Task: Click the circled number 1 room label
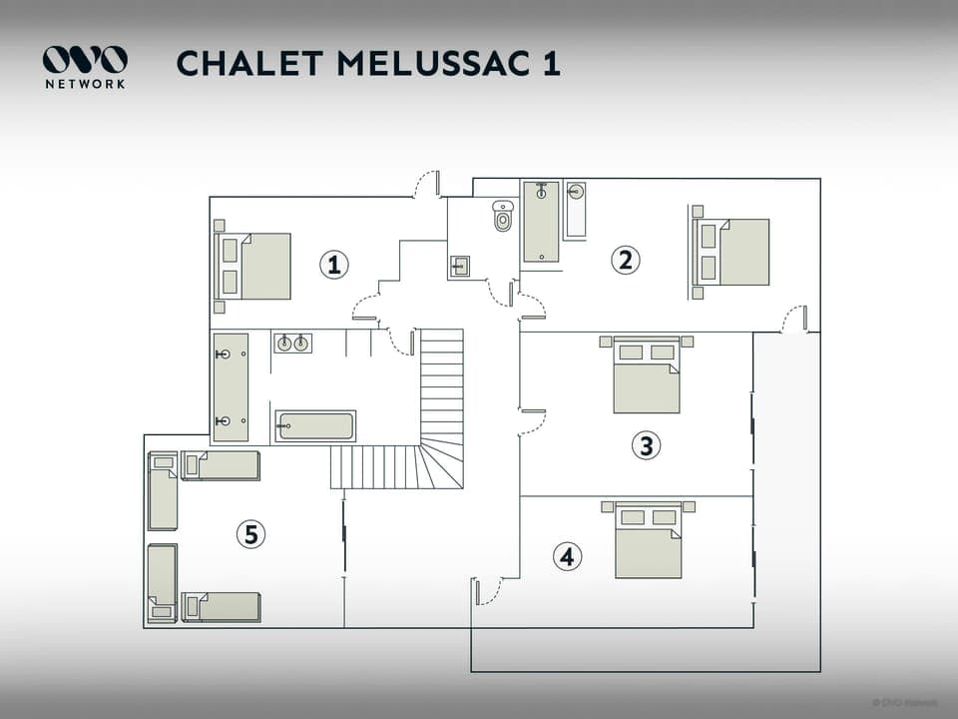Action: (334, 265)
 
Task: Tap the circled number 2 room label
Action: (626, 261)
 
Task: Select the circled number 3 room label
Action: (647, 445)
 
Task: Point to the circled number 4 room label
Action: (567, 556)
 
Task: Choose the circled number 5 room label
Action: (250, 535)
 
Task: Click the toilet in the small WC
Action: (502, 216)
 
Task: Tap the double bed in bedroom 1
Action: (256, 267)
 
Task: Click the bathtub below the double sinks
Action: (315, 426)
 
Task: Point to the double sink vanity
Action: (292, 344)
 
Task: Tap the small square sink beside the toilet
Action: (460, 266)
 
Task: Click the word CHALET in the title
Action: (248, 63)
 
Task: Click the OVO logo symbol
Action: (85, 60)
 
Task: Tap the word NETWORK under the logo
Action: (85, 85)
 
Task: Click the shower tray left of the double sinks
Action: (231, 387)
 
